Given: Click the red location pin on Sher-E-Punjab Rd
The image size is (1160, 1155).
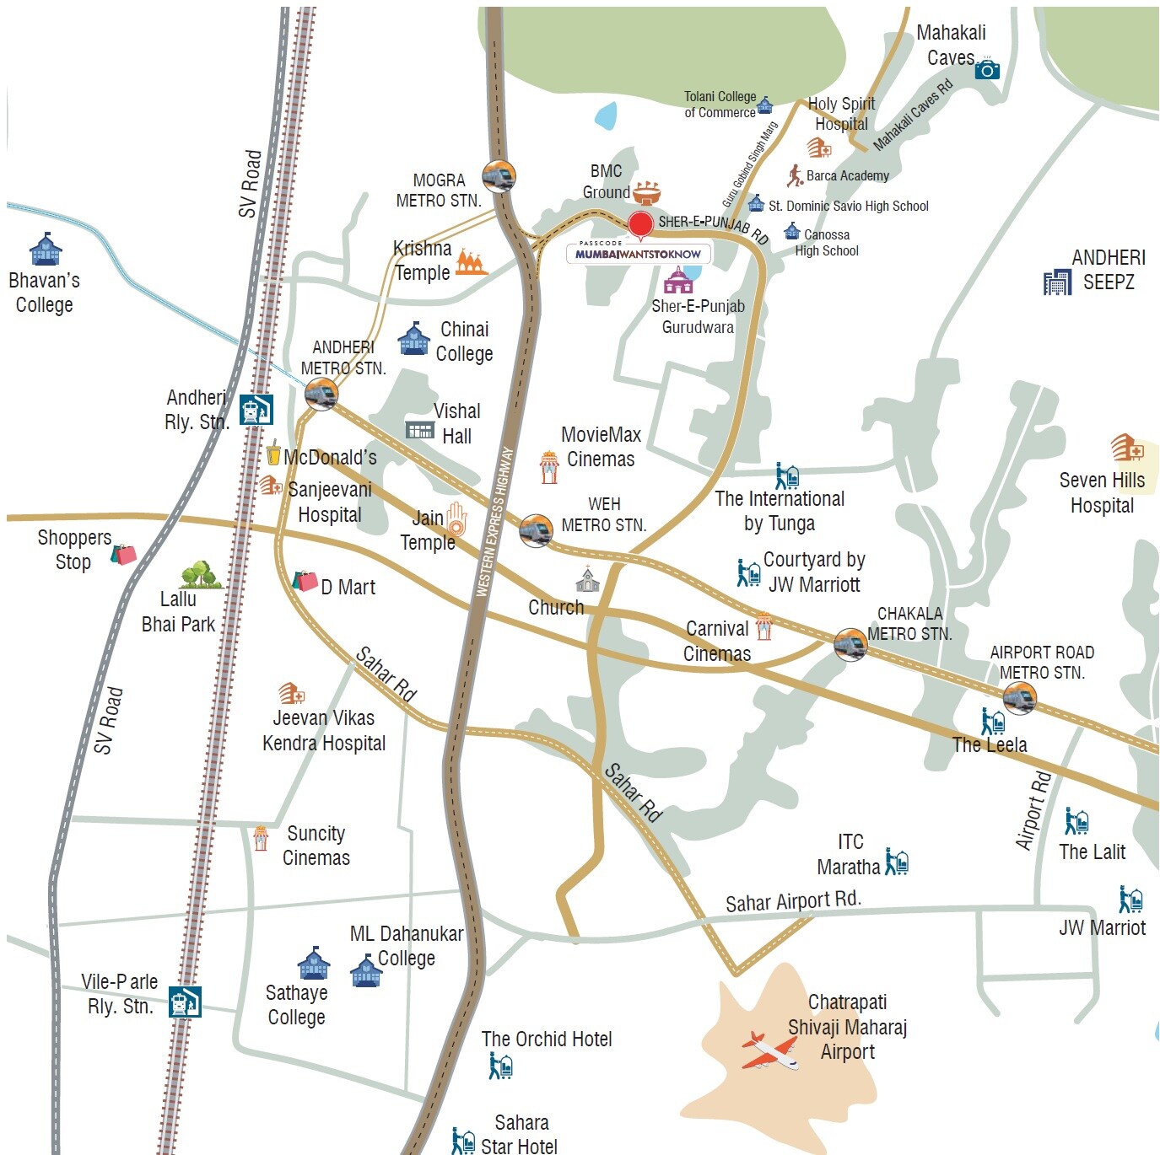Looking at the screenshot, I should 640,224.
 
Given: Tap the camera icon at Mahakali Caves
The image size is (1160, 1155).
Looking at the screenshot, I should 986,69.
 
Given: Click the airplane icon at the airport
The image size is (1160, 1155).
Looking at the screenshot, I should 769,1050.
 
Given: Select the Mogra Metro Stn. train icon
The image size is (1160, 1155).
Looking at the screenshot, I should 499,176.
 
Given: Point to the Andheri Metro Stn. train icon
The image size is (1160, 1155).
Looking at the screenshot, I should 321,394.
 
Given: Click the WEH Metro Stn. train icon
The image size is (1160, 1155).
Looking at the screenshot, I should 536,530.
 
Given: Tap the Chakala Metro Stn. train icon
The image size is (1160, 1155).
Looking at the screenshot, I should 850,645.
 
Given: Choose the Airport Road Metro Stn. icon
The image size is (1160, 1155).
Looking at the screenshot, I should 1019,698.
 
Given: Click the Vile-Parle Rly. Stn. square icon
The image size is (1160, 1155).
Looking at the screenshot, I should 185,1002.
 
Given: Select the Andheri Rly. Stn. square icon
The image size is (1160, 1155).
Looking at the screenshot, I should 256,410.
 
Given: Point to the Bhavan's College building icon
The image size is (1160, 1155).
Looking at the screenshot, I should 46,250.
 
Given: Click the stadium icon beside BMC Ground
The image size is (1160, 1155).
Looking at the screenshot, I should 646,193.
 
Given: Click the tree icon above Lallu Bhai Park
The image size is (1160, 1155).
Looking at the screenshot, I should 200,575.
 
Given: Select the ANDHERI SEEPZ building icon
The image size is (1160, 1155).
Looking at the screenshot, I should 1056,282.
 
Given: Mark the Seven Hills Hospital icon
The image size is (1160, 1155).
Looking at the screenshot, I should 1126,447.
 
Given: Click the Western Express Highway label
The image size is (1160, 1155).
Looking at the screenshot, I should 495,522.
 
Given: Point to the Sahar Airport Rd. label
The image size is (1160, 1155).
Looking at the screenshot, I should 793,901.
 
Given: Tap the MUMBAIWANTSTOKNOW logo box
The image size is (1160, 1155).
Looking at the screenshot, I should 639,252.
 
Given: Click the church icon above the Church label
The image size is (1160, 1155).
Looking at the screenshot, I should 587,580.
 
